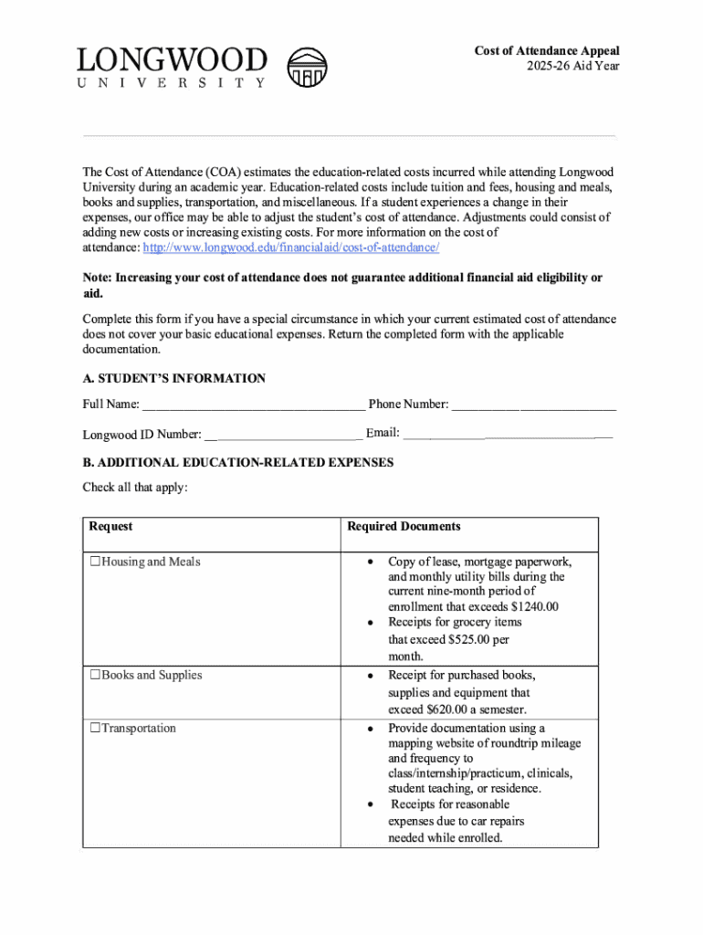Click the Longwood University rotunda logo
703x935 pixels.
coord(313,67)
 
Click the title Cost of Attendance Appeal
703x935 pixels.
coord(547,51)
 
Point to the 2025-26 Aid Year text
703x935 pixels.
coord(573,67)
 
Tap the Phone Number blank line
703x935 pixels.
coord(534,404)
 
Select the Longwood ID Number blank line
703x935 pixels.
coord(283,435)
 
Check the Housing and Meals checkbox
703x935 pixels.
coord(95,562)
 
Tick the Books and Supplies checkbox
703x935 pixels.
coord(95,676)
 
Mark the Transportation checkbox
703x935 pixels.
coord(95,729)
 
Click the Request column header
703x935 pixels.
coord(110,527)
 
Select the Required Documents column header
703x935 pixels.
coord(404,527)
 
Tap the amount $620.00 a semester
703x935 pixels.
coord(452,709)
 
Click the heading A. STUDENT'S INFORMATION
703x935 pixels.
coord(174,379)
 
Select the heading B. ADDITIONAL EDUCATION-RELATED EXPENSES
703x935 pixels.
coord(238,463)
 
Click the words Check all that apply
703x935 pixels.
coord(135,488)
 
